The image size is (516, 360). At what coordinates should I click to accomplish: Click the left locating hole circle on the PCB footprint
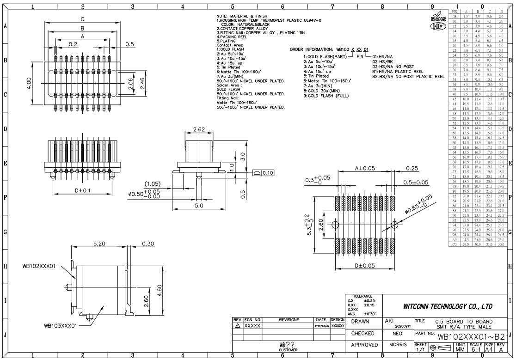[x=335, y=225]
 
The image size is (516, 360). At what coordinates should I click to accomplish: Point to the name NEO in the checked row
[x=397, y=333]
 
